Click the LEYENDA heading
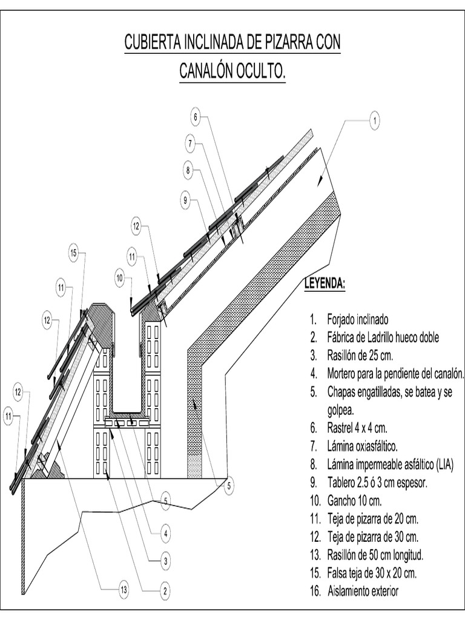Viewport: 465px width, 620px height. (x=325, y=284)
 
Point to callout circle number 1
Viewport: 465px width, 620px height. (x=375, y=121)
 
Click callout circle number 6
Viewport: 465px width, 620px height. (x=196, y=116)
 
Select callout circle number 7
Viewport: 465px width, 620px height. (x=190, y=143)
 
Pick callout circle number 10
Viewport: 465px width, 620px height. (x=120, y=278)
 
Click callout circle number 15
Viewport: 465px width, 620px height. (x=73, y=254)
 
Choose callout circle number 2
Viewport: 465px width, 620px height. (x=163, y=589)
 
